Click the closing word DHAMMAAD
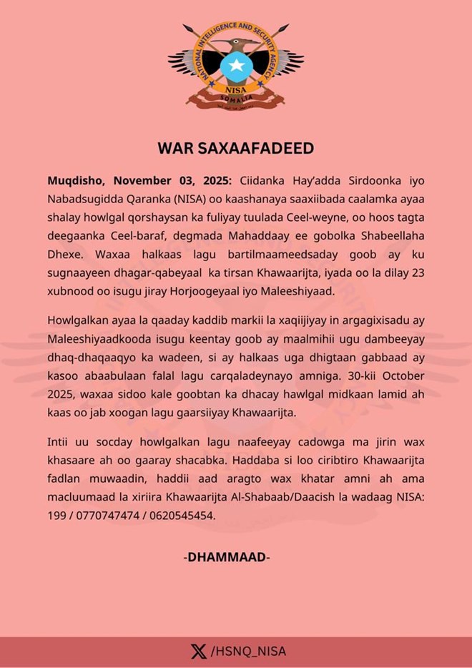pos(227,556)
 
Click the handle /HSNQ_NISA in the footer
pos(248,651)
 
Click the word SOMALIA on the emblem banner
pos(236,97)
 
